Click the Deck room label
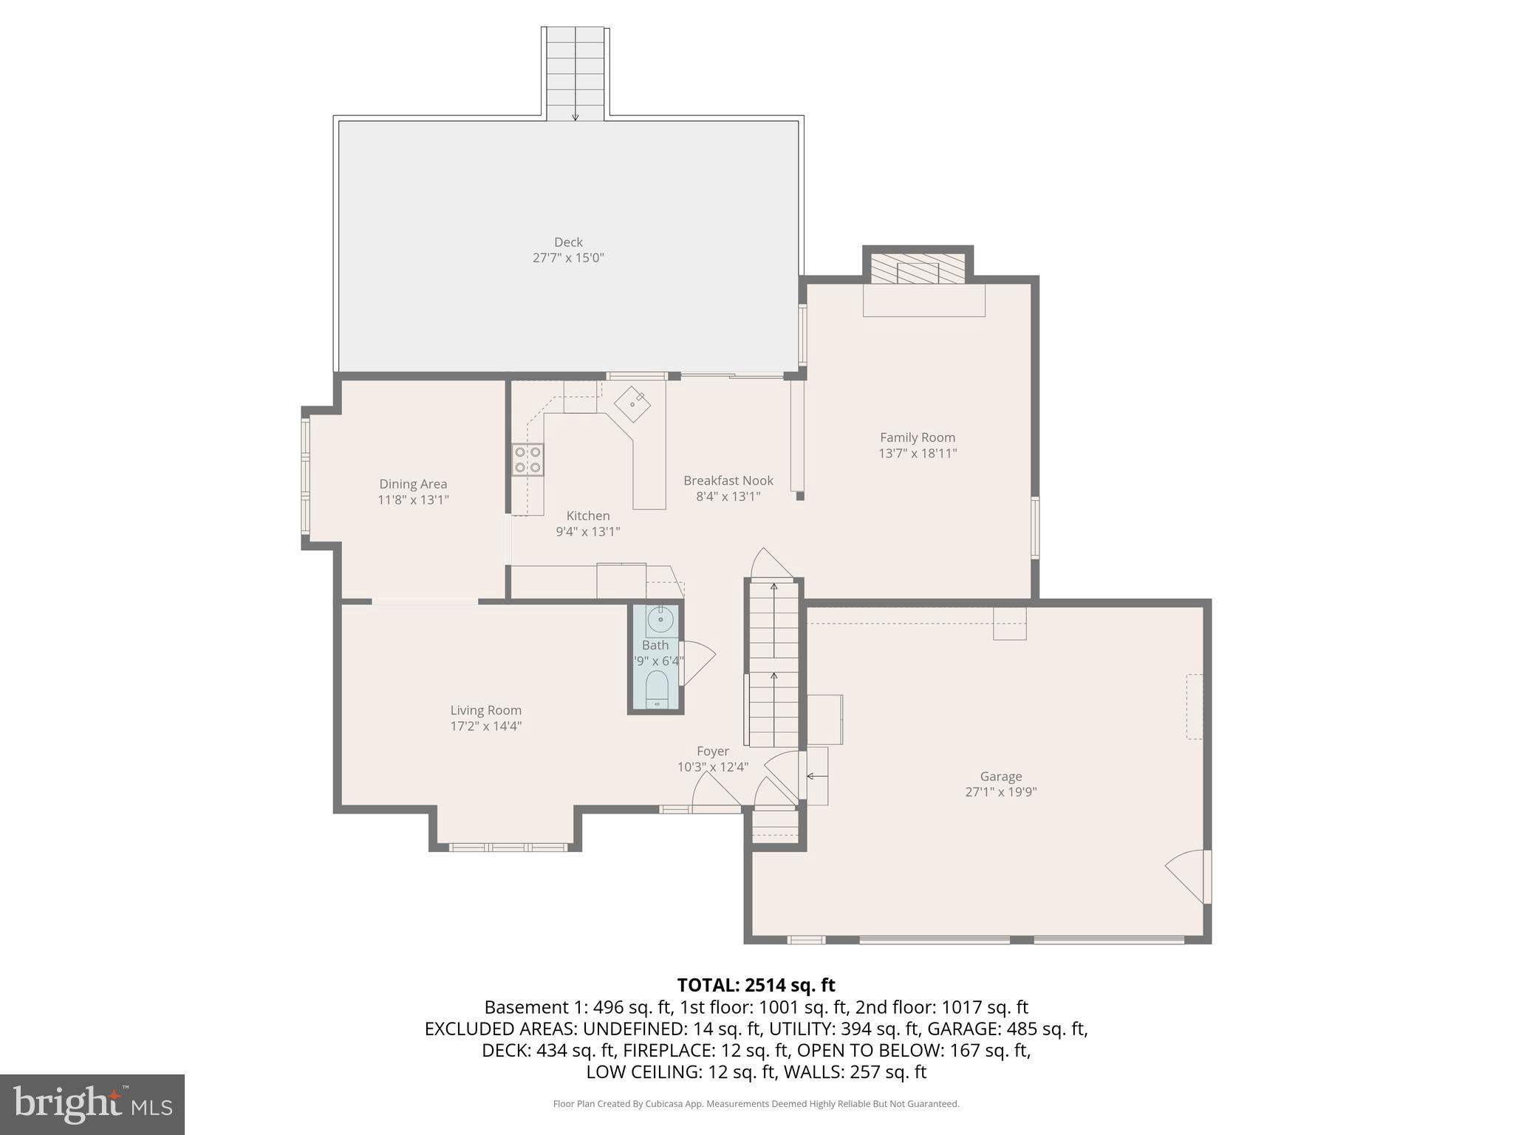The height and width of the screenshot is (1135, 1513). pyautogui.click(x=568, y=242)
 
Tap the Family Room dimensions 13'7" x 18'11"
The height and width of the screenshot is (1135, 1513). pyautogui.click(x=917, y=454)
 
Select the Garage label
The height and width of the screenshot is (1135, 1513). pyautogui.click(x=1000, y=776)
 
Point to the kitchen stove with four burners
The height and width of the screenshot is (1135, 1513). pyautogui.click(x=528, y=459)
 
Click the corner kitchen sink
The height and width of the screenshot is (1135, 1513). pyautogui.click(x=633, y=404)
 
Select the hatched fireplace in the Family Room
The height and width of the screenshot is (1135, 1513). pyautogui.click(x=918, y=269)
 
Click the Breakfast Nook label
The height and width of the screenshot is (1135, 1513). pyautogui.click(x=728, y=480)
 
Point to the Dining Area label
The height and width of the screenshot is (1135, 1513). pyautogui.click(x=413, y=484)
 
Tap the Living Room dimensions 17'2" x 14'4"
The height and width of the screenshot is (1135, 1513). pyautogui.click(x=486, y=726)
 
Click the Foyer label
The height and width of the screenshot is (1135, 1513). pyautogui.click(x=712, y=751)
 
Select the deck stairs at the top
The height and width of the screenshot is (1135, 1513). pyautogui.click(x=576, y=74)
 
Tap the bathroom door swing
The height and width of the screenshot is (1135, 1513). pyautogui.click(x=697, y=661)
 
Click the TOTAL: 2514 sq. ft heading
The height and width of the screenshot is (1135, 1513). pyautogui.click(x=756, y=985)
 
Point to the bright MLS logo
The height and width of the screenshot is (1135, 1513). pyautogui.click(x=92, y=1104)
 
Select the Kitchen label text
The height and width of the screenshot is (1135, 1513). pyautogui.click(x=587, y=516)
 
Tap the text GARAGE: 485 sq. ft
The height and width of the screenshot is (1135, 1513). pyautogui.click(x=1006, y=1029)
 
